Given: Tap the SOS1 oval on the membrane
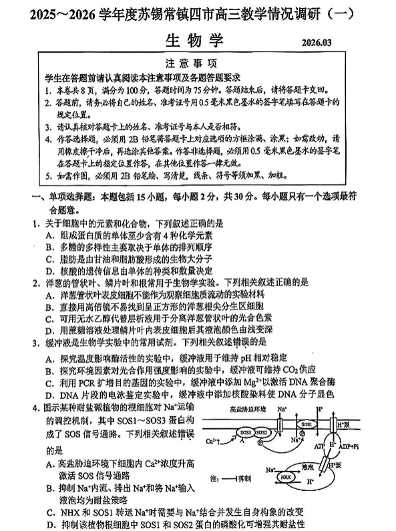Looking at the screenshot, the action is [x=307, y=424].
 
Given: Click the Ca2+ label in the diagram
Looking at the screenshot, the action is [x=211, y=441].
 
